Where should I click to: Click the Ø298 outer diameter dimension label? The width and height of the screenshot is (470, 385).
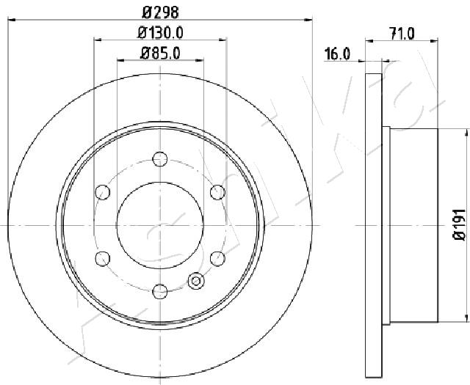[x=160, y=12]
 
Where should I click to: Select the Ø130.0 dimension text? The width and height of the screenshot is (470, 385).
[x=160, y=32]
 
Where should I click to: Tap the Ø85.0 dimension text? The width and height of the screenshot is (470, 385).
[x=160, y=54]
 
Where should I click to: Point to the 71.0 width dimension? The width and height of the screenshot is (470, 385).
[x=402, y=33]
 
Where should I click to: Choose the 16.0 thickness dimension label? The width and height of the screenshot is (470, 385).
[x=337, y=54]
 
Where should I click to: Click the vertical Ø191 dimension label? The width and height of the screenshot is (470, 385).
[x=460, y=224]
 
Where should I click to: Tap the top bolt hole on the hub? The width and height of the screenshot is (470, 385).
[x=160, y=159]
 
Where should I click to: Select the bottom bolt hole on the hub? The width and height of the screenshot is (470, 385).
[x=160, y=291]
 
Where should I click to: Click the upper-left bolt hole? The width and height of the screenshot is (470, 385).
[x=103, y=192]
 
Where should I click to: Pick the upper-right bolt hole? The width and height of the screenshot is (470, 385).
[x=217, y=192]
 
